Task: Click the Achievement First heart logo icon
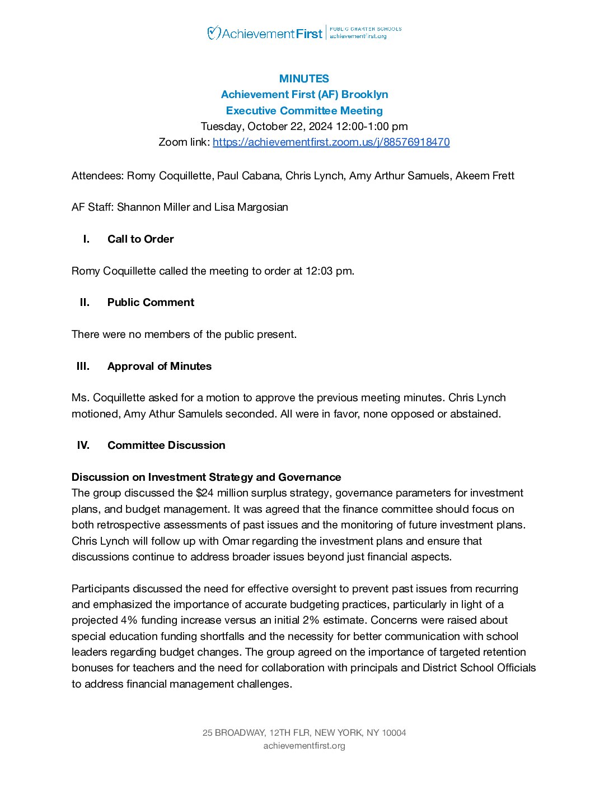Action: click(213, 33)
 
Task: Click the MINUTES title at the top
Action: click(304, 78)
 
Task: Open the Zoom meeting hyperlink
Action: click(331, 142)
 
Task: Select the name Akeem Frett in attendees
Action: click(485, 175)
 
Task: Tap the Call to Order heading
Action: click(140, 239)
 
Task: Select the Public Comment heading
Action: click(151, 302)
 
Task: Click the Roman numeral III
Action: click(83, 366)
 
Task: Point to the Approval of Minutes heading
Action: click(160, 366)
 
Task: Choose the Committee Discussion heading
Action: click(166, 445)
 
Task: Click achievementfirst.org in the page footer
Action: click(304, 745)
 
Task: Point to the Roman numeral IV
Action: click(83, 445)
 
